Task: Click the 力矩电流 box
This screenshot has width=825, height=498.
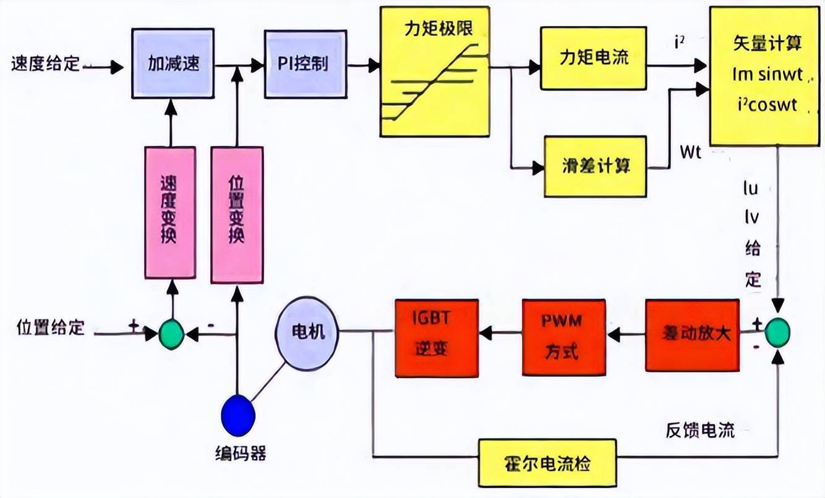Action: tap(593, 58)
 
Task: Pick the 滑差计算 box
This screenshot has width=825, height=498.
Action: tap(596, 166)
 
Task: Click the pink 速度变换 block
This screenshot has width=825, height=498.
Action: tap(170, 212)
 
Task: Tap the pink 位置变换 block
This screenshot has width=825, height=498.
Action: tap(236, 212)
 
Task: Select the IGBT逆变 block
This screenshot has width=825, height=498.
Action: tap(437, 337)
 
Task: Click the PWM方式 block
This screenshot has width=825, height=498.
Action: tap(563, 337)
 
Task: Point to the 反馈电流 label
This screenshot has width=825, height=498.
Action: tap(701, 431)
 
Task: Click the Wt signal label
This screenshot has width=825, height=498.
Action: tap(690, 152)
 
